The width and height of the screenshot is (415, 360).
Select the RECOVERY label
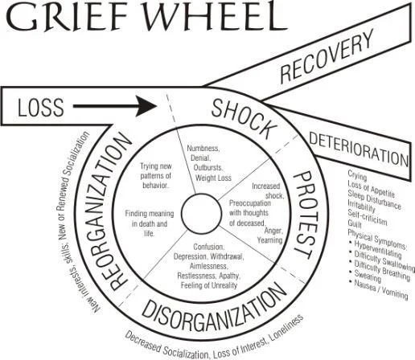(x=315, y=60)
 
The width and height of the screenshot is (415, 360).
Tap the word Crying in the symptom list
(x=358, y=173)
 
